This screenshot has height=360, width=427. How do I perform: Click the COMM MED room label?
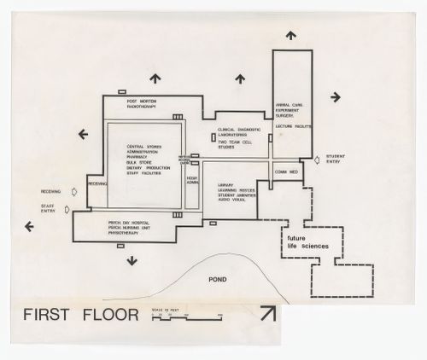pos(287,172)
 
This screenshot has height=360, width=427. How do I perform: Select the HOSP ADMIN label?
pos(192,182)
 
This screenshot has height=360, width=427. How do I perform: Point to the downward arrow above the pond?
pos(131,260)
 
